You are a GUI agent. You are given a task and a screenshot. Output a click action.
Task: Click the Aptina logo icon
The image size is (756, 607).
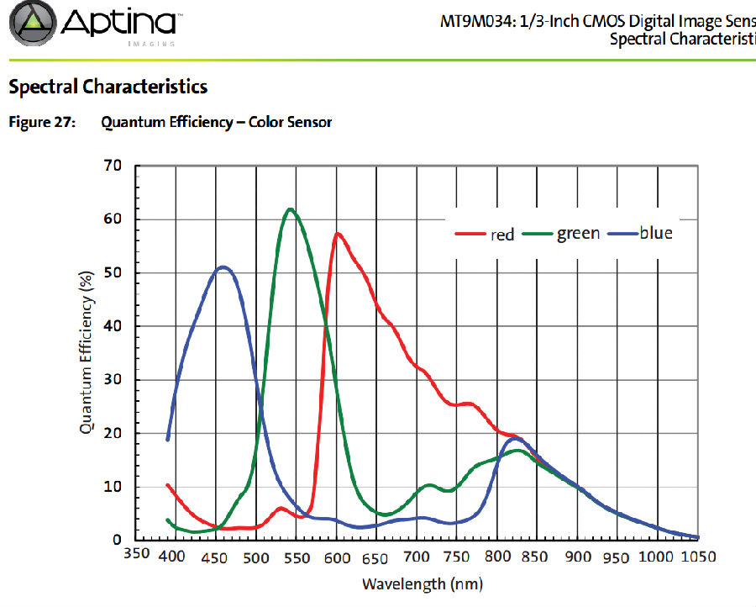[x=32, y=23]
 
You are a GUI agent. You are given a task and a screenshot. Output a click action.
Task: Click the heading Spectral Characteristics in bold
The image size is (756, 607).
[x=108, y=86]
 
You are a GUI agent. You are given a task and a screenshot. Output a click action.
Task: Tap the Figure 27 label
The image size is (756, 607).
[x=41, y=123]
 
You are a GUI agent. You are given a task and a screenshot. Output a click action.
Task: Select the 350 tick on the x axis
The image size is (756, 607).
[x=136, y=556]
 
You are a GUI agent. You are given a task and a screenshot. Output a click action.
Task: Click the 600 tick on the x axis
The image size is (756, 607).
[x=337, y=557]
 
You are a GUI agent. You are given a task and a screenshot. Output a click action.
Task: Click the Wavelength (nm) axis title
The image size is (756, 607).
[x=423, y=583]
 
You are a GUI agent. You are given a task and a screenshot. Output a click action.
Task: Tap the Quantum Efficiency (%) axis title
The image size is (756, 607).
[x=86, y=353]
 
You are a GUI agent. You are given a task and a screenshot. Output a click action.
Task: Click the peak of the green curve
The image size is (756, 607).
[x=290, y=208]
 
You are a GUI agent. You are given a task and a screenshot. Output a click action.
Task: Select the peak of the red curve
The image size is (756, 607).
[x=337, y=233]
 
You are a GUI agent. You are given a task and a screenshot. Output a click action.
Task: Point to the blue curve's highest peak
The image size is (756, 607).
[x=223, y=267]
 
